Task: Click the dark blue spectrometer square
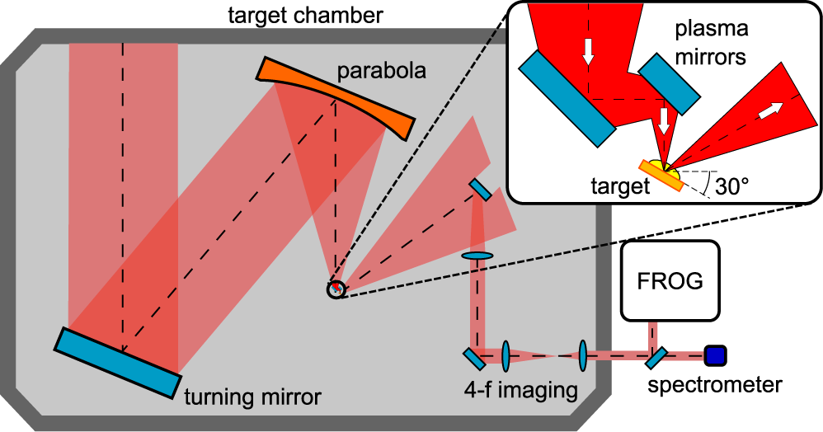[x=714, y=355]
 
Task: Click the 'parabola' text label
[x=382, y=72]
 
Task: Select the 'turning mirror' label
[x=252, y=397]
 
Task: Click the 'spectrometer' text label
[x=714, y=384]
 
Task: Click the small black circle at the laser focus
[x=336, y=289]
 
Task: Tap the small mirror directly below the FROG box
[x=656, y=357]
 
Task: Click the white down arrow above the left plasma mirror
[x=588, y=51]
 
